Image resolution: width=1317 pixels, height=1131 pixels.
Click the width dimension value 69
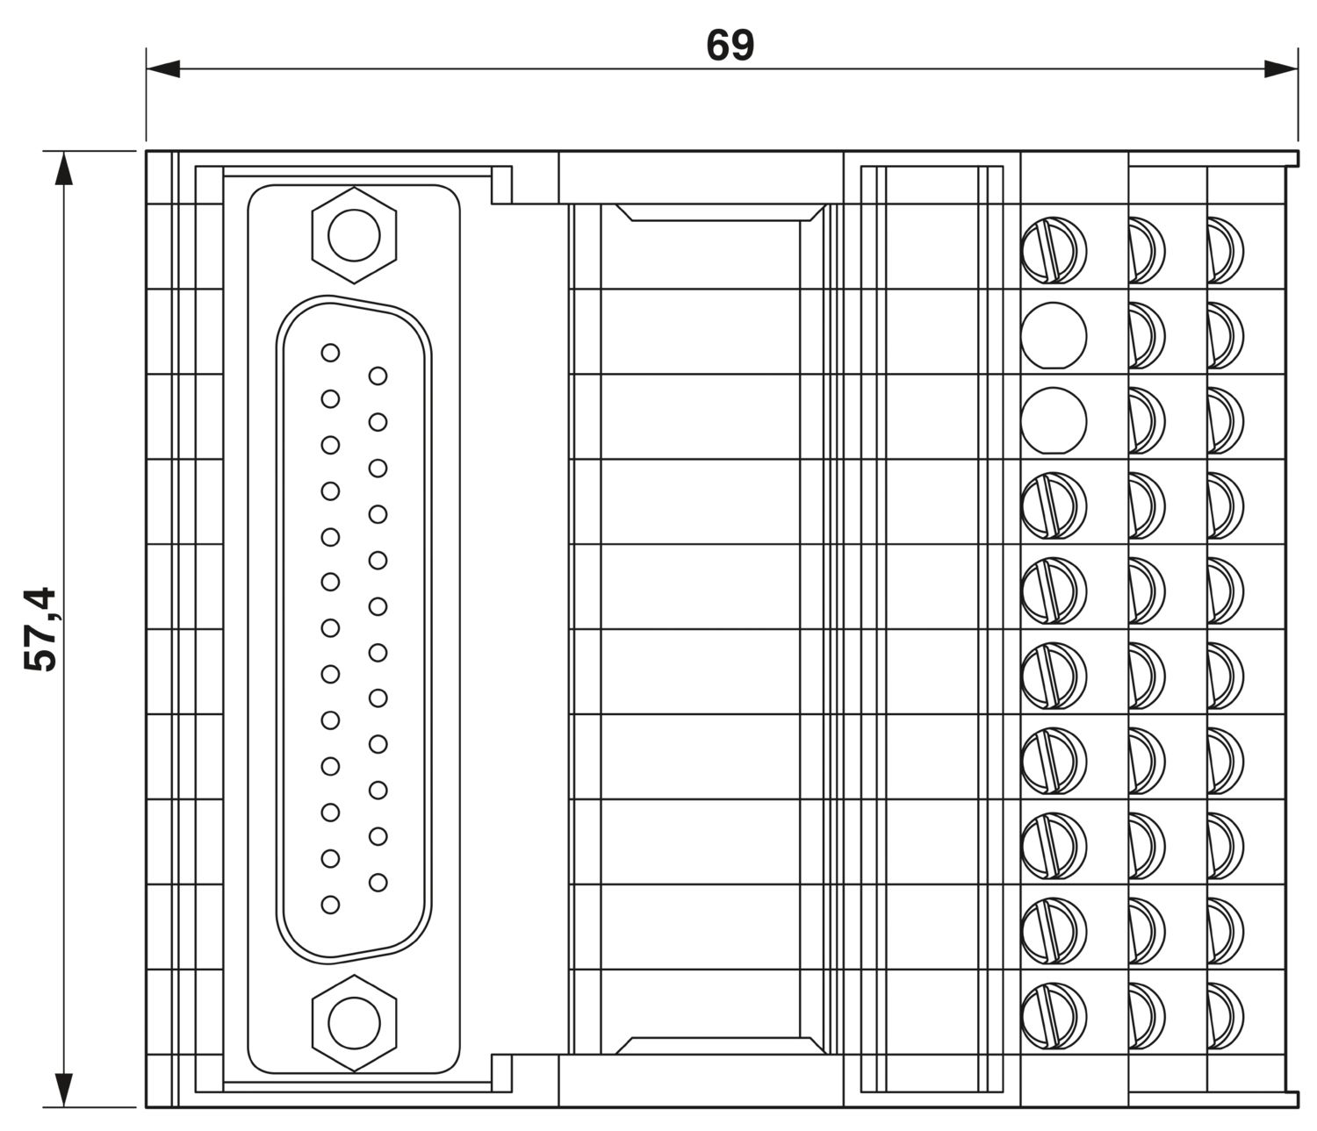point(730,46)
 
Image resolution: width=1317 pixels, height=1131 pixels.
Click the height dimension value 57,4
point(41,628)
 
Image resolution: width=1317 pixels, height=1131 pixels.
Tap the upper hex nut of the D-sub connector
point(354,235)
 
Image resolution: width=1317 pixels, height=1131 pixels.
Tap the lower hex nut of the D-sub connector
point(354,1022)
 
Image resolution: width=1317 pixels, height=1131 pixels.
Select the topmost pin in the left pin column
point(330,353)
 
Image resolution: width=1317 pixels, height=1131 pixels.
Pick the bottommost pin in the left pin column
point(330,904)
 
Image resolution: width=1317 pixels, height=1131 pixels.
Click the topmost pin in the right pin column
point(378,376)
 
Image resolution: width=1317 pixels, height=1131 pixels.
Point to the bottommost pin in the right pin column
point(378,881)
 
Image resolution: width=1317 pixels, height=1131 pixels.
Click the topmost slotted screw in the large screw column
point(1054,250)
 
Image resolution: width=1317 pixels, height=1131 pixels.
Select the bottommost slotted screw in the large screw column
point(1054,1016)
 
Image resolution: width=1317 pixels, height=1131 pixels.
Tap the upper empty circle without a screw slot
point(1054,334)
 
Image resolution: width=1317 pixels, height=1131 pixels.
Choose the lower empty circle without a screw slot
point(1054,419)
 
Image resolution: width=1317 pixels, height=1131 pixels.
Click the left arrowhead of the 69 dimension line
point(162,68)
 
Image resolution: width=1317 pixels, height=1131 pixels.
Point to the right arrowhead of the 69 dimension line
point(1281,68)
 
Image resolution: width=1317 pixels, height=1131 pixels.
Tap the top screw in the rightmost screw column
point(1225,250)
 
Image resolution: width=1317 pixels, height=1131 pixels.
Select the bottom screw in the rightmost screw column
point(1225,1016)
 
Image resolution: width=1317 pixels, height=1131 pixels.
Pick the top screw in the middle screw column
point(1146,250)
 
